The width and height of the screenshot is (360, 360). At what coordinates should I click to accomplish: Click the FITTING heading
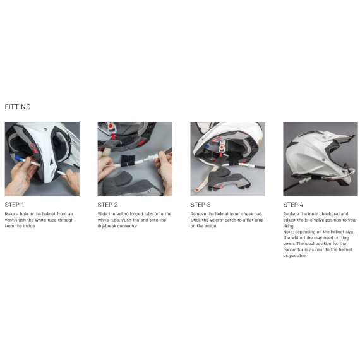(18, 107)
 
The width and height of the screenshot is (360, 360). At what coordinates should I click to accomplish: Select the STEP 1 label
(15, 205)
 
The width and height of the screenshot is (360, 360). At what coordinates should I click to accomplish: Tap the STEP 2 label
(107, 205)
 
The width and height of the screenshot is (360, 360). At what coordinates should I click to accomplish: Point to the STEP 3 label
(200, 205)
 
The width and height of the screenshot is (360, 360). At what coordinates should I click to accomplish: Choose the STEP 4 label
(293, 205)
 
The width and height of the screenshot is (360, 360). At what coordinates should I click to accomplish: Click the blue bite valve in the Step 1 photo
(18, 159)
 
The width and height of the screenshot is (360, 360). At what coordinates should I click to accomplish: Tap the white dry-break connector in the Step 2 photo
(152, 158)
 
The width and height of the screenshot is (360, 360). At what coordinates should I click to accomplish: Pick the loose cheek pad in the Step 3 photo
(227, 180)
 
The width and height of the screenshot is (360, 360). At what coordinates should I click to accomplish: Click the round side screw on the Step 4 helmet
(324, 159)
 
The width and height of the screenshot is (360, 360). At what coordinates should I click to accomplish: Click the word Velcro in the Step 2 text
(123, 214)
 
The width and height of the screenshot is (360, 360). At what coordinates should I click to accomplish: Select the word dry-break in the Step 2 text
(107, 226)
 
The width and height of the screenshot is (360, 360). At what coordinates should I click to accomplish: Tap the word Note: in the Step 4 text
(289, 232)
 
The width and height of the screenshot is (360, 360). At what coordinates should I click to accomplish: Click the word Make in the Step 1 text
(10, 214)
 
